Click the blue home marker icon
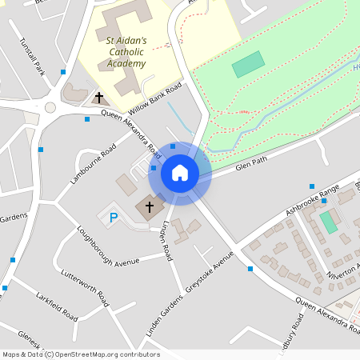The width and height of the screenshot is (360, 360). [x=180, y=173]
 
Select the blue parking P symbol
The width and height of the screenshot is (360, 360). [x=113, y=217]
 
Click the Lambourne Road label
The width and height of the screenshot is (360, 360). [x=93, y=163]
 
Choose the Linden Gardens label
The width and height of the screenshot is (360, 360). [x=159, y=314]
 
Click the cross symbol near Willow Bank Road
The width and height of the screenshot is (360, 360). [x=100, y=98]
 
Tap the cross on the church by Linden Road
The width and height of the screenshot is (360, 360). [x=149, y=207]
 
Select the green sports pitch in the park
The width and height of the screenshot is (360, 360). [x=248, y=64]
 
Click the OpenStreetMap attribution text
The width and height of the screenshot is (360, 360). [x=80, y=354]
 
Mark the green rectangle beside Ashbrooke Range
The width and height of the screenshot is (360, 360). [x=328, y=222]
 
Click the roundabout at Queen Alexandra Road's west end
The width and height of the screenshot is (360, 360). [x=50, y=106]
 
